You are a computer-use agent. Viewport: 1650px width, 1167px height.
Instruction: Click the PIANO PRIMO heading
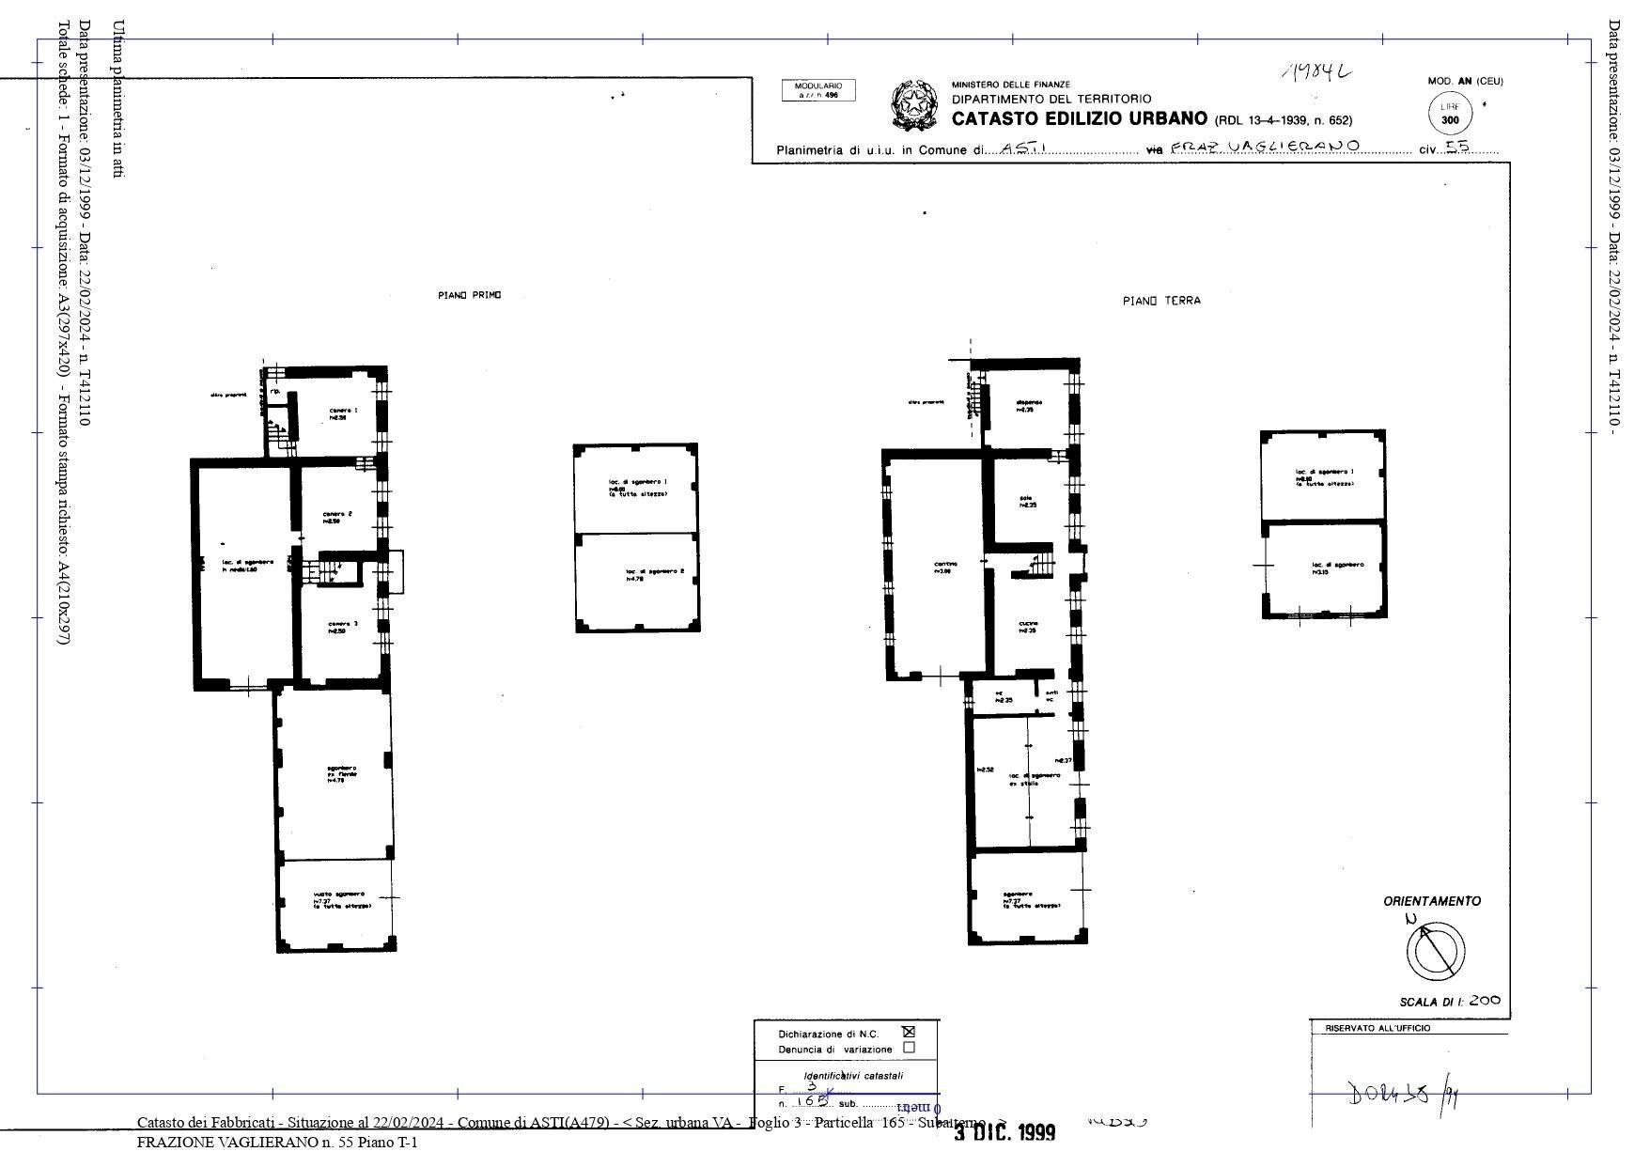click(x=469, y=295)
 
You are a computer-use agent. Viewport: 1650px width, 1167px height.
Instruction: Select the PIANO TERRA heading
click(x=1160, y=301)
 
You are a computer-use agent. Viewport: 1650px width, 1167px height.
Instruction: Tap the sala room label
click(x=1027, y=501)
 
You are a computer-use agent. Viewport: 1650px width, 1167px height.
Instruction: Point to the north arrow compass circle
click(x=1436, y=950)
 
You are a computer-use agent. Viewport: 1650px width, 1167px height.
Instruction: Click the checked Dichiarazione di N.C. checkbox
click(x=908, y=1032)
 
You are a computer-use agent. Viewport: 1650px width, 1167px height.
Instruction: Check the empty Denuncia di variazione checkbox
click(x=908, y=1048)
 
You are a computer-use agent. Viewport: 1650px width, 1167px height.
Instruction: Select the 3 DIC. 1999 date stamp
click(x=1004, y=1132)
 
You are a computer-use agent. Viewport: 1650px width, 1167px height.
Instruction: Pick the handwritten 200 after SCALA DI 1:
click(x=1484, y=1001)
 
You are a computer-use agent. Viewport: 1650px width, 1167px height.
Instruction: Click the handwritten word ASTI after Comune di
click(x=1020, y=148)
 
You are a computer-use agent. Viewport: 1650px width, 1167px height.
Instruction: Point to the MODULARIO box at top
click(x=818, y=90)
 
